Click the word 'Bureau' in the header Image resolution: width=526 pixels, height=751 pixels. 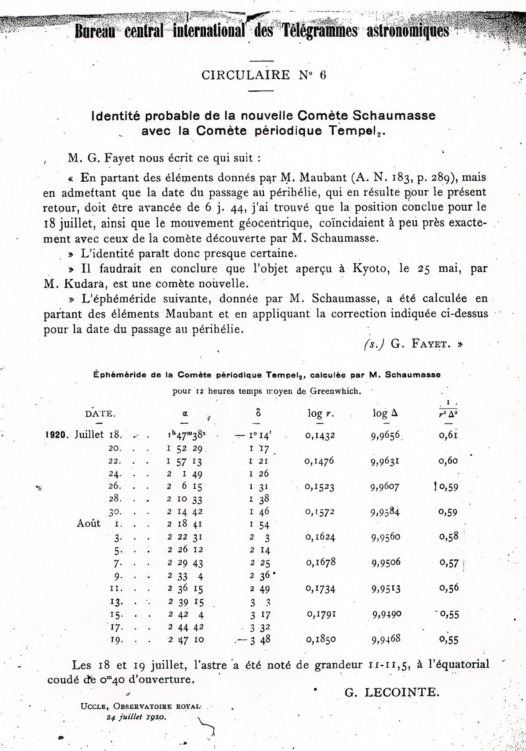95,32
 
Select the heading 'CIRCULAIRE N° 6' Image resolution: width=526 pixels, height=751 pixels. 264,75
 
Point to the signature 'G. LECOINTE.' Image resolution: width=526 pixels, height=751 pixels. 391,692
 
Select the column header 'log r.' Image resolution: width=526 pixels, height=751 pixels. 320,413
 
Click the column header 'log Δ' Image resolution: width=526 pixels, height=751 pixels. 385,413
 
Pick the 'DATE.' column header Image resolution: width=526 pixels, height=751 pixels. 100,414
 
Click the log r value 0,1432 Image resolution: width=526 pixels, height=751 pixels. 320,436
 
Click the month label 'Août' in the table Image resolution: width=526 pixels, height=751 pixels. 88,523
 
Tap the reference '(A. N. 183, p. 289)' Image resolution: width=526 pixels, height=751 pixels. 402,178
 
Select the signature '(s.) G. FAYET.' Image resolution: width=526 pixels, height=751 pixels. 413,344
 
